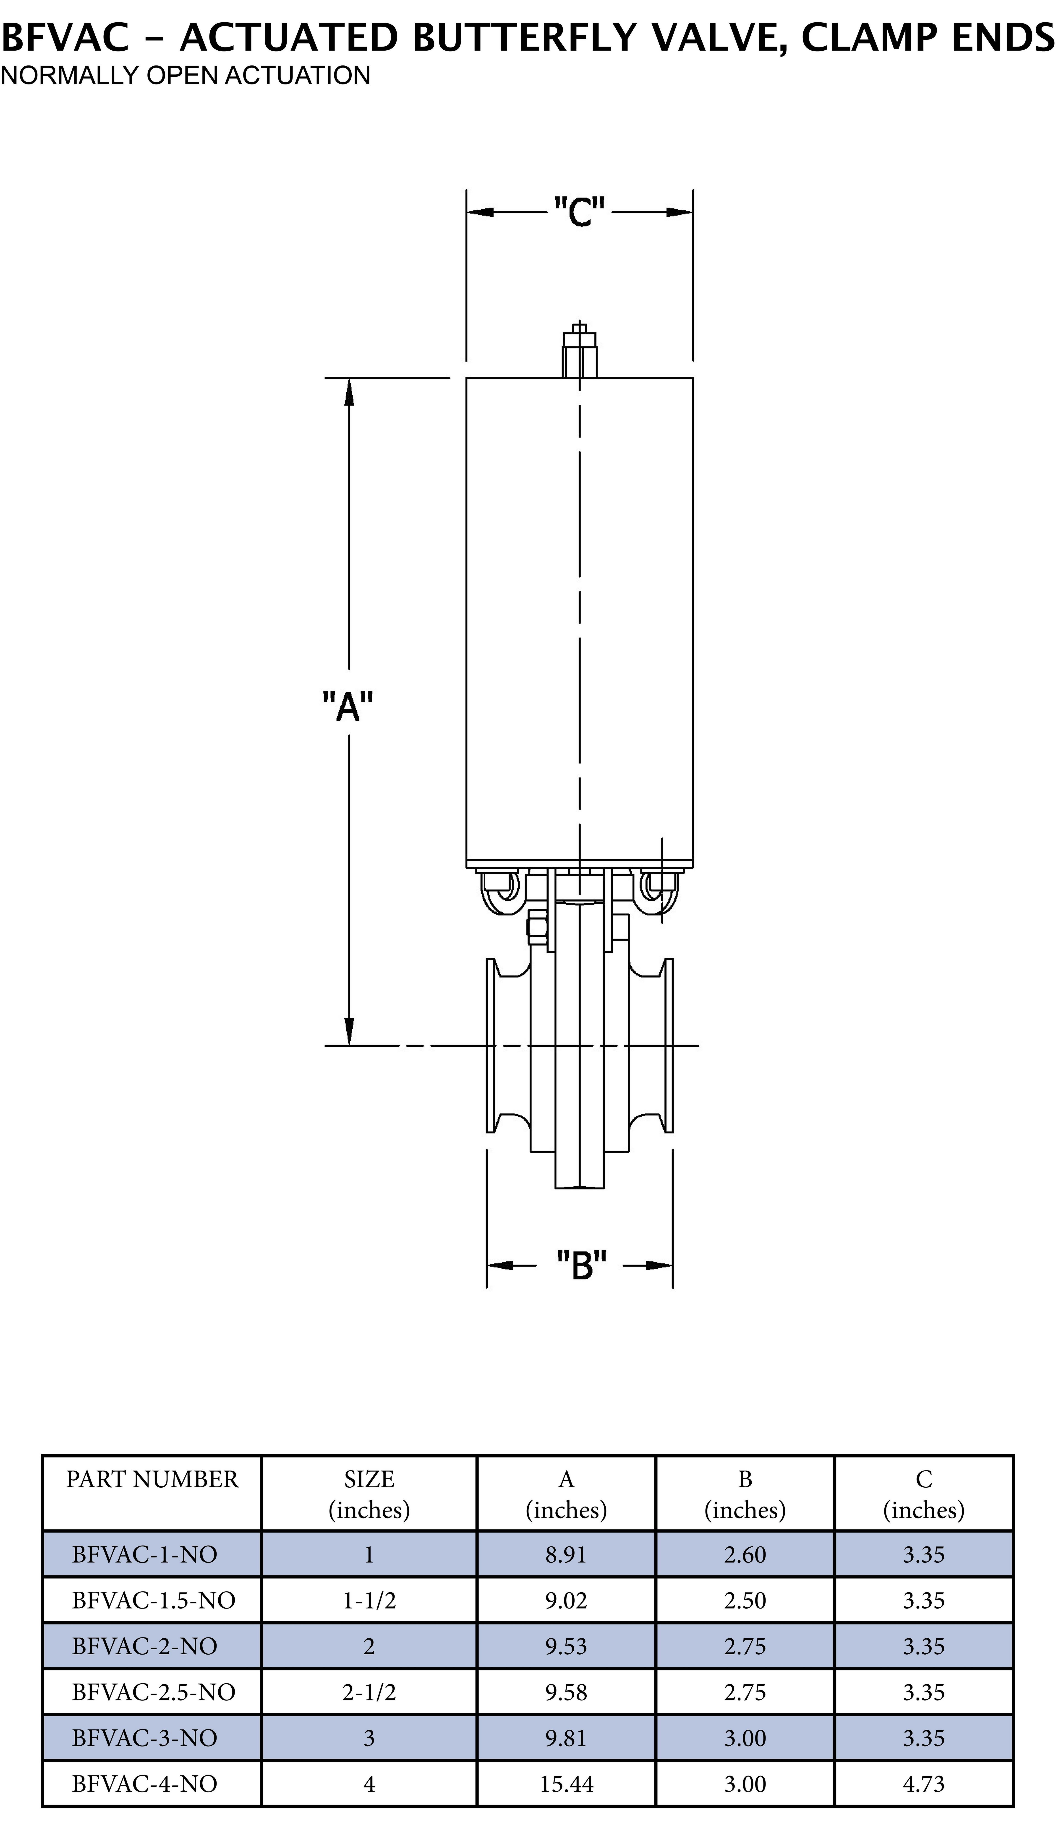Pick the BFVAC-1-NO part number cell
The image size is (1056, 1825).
coord(144,1554)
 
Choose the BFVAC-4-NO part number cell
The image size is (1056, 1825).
coord(144,1784)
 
